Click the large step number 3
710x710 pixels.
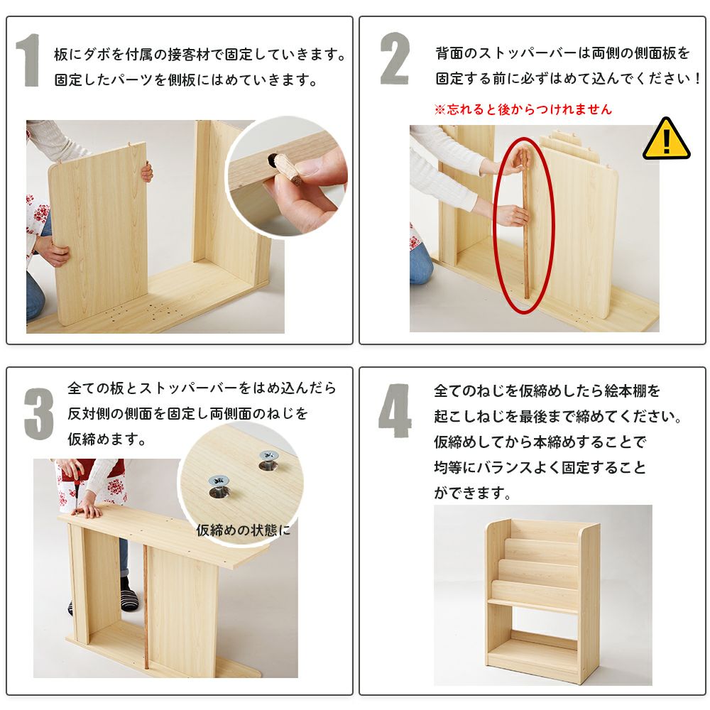click(39, 414)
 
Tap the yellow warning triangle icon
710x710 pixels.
click(666, 141)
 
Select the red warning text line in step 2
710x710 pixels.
click(523, 109)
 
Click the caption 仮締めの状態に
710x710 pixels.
click(244, 530)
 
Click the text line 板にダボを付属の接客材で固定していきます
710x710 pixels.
click(200, 55)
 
